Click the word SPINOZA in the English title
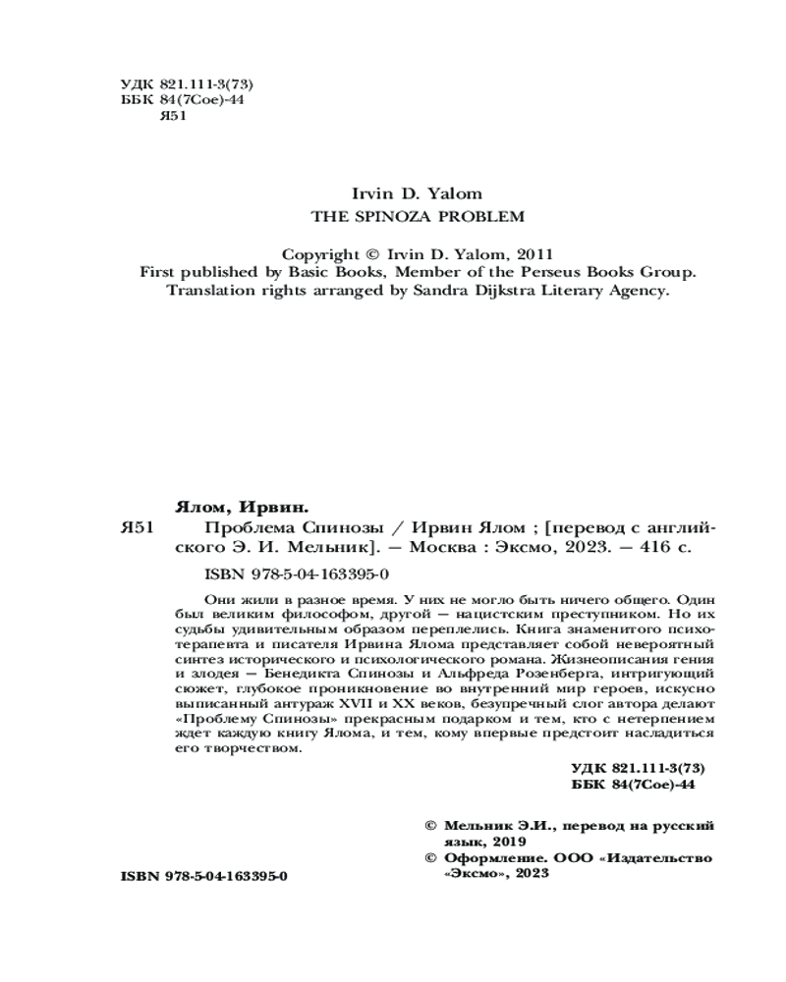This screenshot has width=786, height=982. click(x=382, y=215)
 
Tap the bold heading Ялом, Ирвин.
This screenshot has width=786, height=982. click(x=241, y=507)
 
